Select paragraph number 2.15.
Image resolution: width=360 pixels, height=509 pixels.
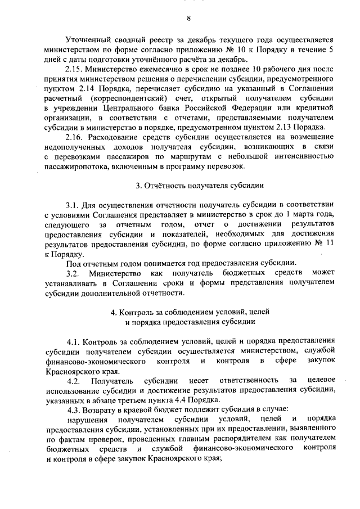pos(74,67)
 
